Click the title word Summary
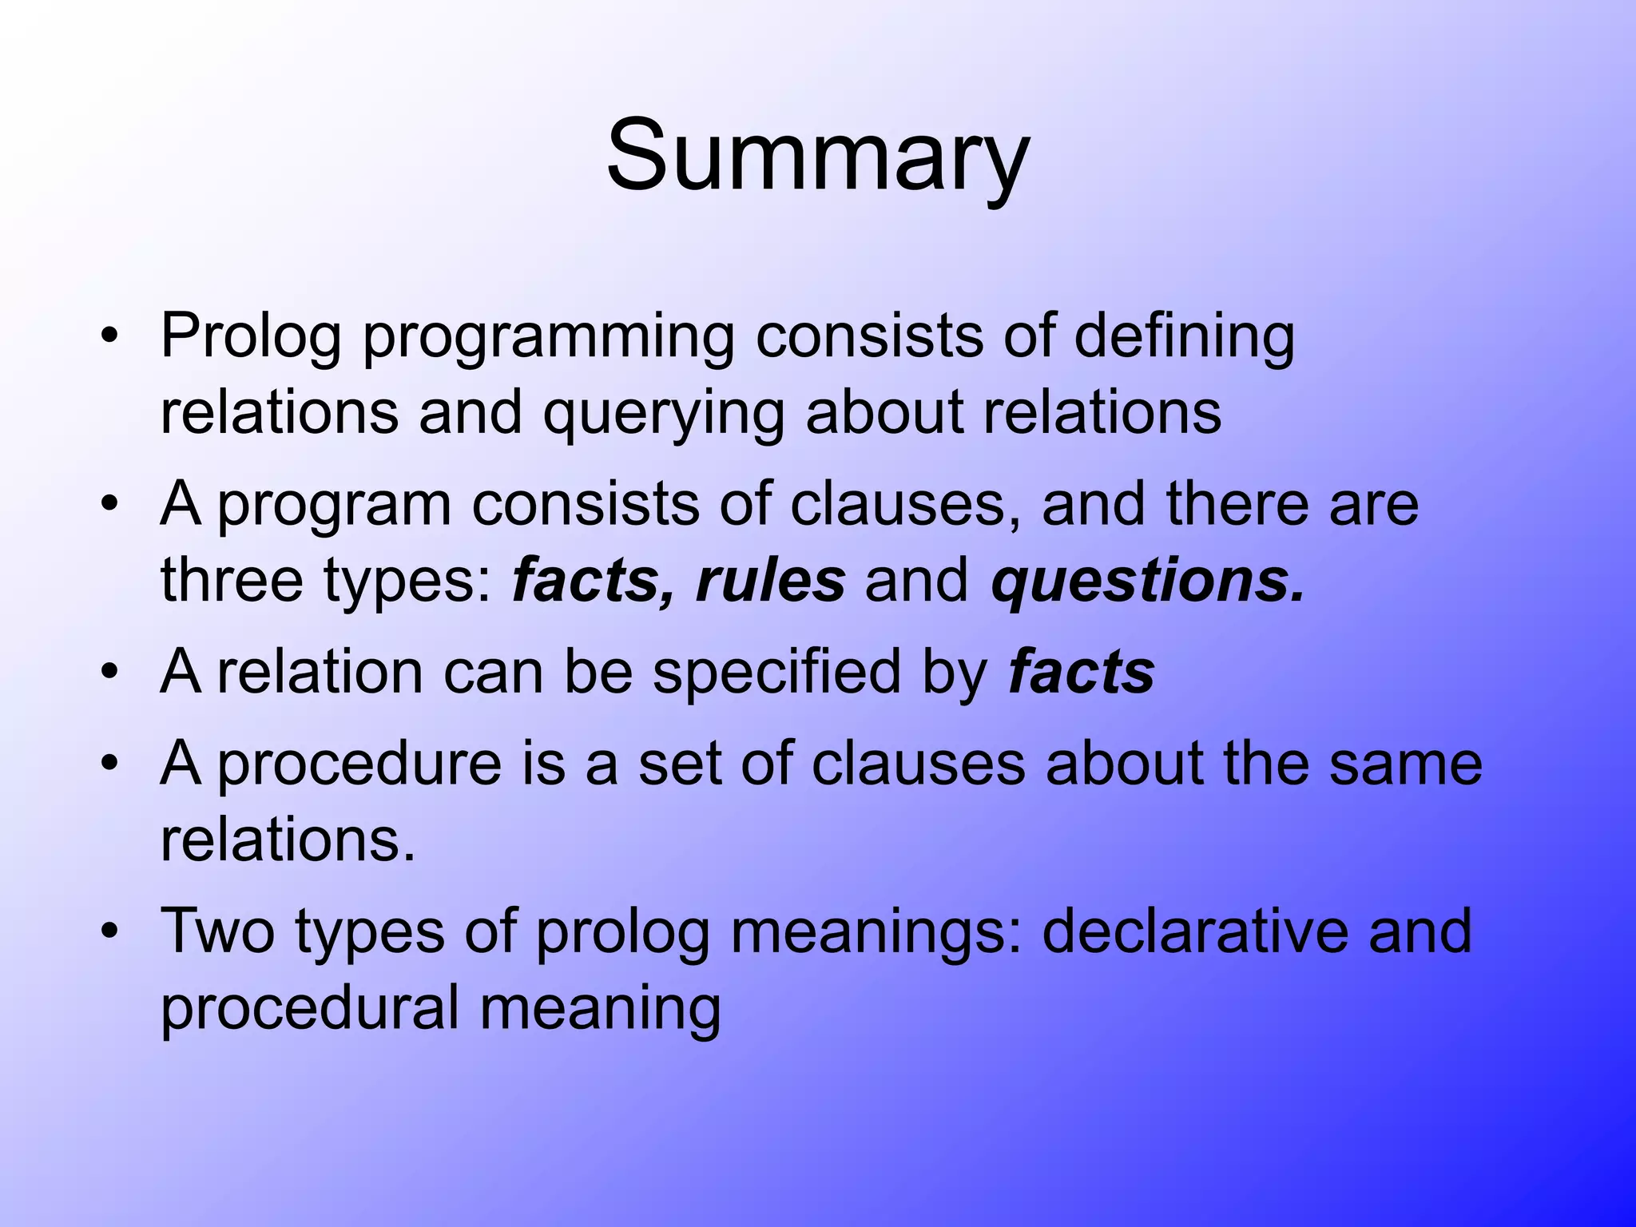click(x=817, y=156)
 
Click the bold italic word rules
click(x=770, y=581)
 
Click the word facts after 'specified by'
click(x=1081, y=673)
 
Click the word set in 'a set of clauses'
click(x=679, y=764)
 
